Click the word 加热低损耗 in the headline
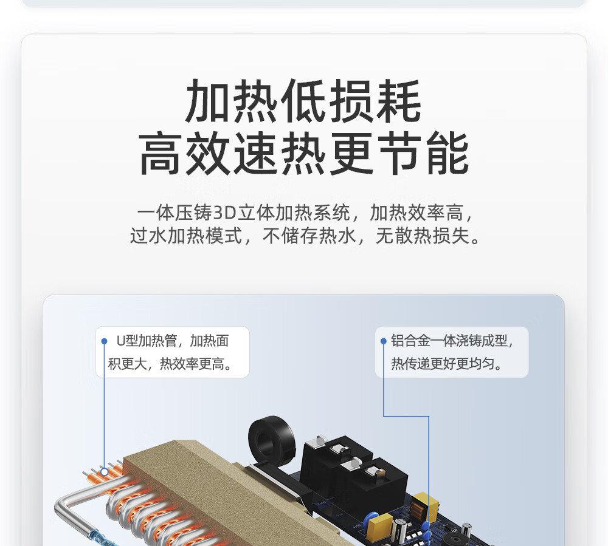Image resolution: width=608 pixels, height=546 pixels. pos(303,101)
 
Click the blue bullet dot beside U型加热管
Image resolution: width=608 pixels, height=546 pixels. pos(104,341)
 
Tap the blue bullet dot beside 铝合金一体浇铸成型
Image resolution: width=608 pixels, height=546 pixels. pos(384,341)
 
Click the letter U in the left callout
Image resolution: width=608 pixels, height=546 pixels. pos(121,341)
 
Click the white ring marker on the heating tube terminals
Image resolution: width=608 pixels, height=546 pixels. pos(105,472)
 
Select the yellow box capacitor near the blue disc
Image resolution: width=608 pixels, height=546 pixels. pos(379,526)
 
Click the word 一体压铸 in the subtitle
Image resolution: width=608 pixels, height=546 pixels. pos(174,213)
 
